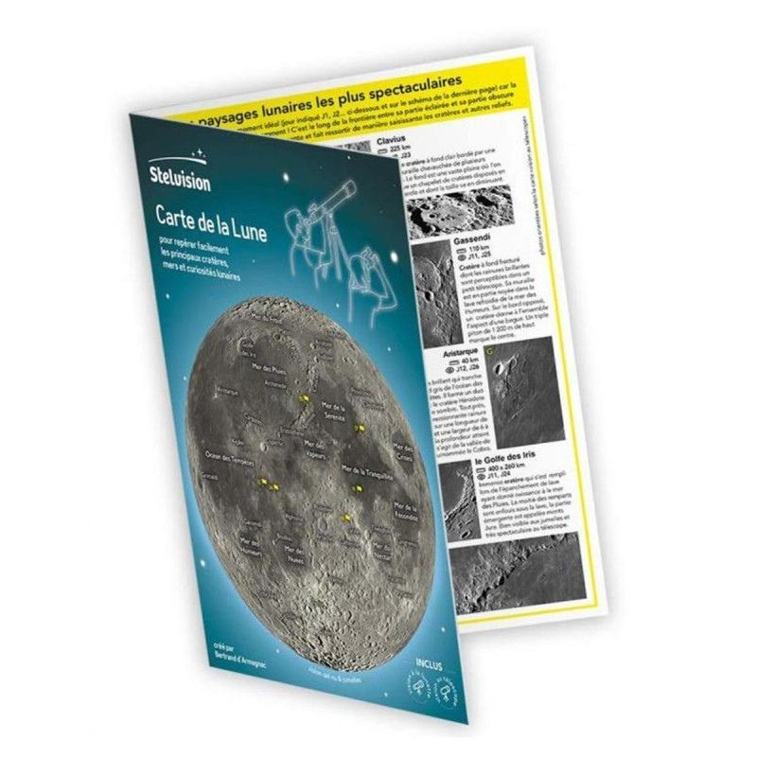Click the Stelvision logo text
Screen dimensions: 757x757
[181, 179]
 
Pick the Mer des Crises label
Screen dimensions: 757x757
[403, 450]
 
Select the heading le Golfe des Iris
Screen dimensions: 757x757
[493, 460]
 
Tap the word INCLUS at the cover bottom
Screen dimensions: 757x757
[429, 653]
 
